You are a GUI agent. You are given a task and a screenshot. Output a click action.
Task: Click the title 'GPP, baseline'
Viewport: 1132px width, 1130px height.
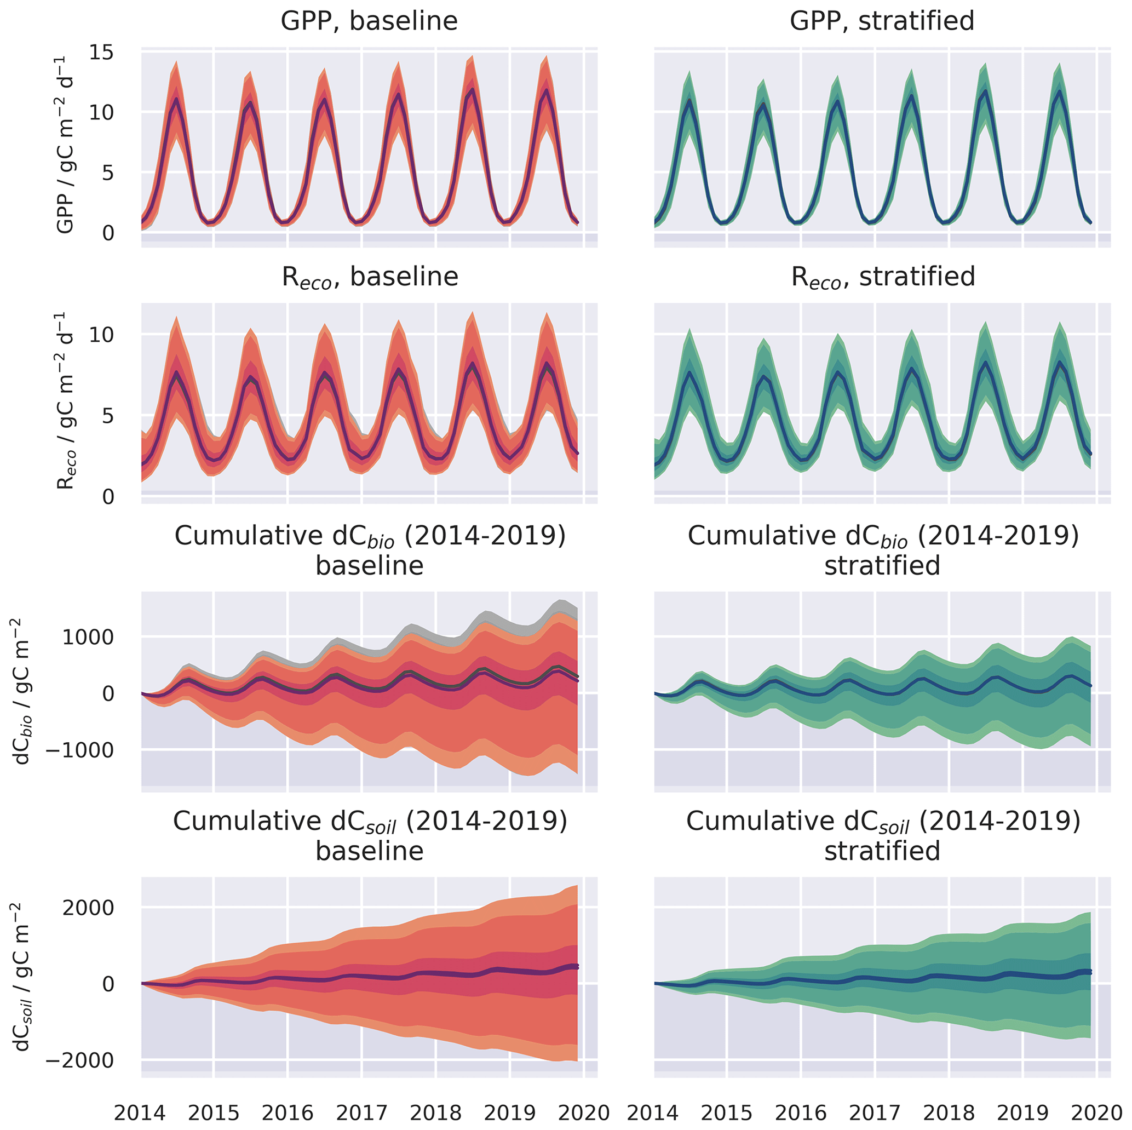pyautogui.click(x=369, y=21)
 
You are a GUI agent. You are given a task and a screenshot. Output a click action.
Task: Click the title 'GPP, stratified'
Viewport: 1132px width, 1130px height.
pyautogui.click(x=882, y=21)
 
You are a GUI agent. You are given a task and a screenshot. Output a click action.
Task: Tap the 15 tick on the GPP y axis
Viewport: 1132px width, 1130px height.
pyautogui.click(x=102, y=53)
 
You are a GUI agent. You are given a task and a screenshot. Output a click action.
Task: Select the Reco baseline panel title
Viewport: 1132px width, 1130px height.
pyautogui.click(x=369, y=277)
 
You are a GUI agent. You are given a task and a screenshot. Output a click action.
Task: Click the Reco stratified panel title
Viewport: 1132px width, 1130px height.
pyautogui.click(x=882, y=277)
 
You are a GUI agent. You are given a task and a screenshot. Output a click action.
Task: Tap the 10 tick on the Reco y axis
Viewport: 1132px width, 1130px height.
pyautogui.click(x=102, y=335)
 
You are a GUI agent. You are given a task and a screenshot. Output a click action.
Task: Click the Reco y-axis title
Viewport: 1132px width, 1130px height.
pyautogui.click(x=66, y=401)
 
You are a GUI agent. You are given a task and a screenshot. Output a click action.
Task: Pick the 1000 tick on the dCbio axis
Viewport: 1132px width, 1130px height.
pyautogui.click(x=88, y=637)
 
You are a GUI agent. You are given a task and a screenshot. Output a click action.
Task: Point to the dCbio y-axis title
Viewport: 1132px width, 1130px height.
pyautogui.click(x=22, y=692)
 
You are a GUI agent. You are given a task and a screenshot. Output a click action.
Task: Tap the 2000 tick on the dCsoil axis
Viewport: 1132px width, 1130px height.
pyautogui.click(x=88, y=908)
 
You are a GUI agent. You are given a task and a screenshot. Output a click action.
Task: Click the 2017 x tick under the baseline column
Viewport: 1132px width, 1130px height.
pyautogui.click(x=361, y=1112)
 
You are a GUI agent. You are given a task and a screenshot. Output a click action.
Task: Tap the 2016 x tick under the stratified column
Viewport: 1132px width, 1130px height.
pyautogui.click(x=800, y=1112)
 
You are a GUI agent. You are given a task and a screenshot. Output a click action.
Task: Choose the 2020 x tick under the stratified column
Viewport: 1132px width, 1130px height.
pyautogui.click(x=1096, y=1112)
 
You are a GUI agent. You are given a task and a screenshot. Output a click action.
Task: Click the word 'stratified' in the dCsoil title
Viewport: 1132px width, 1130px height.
pyautogui.click(x=882, y=851)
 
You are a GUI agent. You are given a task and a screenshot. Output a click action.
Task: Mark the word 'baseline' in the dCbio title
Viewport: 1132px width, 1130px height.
pyautogui.click(x=369, y=566)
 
